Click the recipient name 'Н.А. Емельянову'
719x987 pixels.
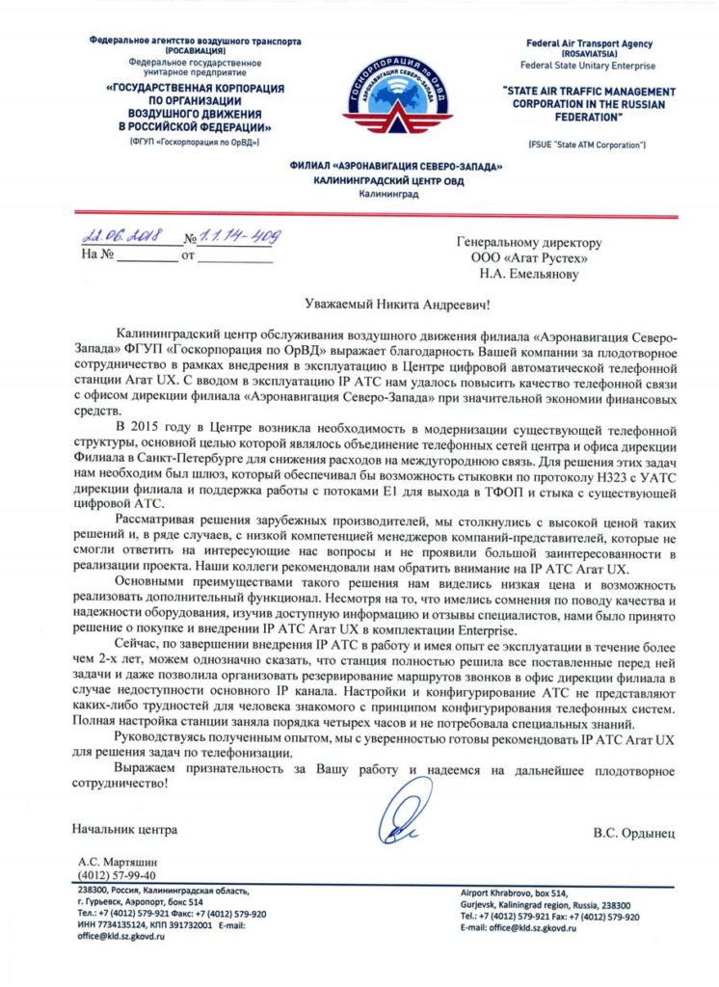533,274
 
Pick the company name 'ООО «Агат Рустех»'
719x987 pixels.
528,258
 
